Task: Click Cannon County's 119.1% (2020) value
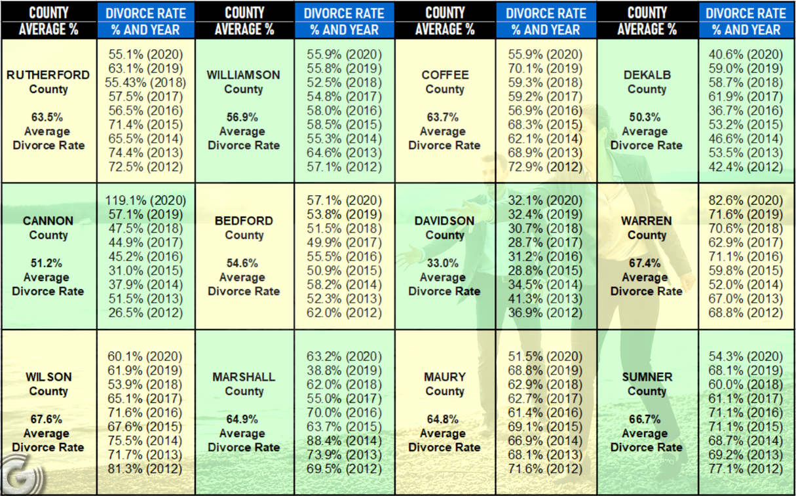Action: coord(145,200)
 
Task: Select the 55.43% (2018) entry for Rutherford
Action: coord(145,83)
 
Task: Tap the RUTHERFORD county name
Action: coord(48,75)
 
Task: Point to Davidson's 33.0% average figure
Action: coord(442,263)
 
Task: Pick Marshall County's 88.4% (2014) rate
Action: coord(344,440)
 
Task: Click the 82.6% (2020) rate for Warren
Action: coord(746,200)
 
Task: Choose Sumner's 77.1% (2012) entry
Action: coord(746,468)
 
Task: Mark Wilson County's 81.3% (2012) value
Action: coord(145,468)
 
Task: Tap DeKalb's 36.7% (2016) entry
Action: coord(746,111)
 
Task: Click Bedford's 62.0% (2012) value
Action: coord(344,313)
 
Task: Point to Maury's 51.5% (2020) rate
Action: coord(545,356)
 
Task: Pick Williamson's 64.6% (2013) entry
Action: coord(344,153)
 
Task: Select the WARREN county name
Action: coord(647,221)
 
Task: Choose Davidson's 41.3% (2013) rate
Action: coord(545,298)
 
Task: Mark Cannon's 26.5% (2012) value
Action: coord(145,313)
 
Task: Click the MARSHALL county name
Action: coord(244,377)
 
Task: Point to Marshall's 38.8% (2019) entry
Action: coord(344,370)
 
